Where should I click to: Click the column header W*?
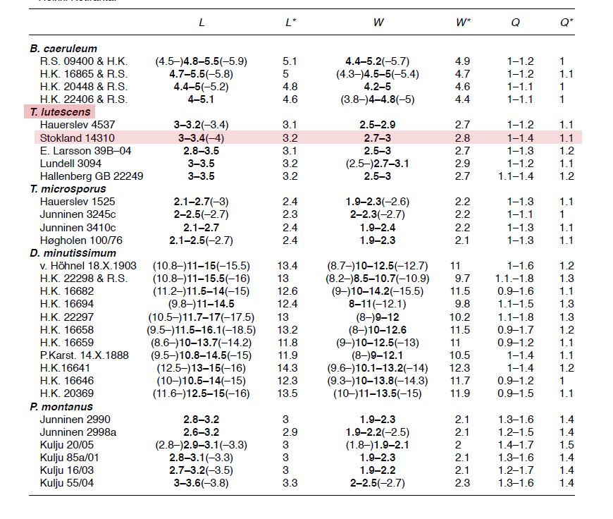point(464,22)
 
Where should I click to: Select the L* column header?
point(290,22)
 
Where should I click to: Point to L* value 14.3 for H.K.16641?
point(290,367)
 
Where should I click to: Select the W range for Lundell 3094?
point(378,163)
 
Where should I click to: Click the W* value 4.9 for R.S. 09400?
point(463,61)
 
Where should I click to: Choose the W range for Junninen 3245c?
point(378,214)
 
